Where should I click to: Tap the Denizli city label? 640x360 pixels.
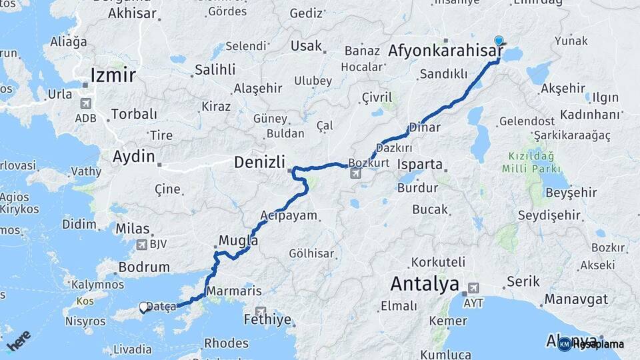[260, 162]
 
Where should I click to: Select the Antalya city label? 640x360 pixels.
[425, 284]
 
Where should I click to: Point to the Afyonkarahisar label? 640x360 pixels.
[445, 51]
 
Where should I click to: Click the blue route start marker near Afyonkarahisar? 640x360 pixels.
[499, 41]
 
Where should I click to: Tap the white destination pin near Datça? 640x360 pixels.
[143, 307]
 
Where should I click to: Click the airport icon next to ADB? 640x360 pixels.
[85, 103]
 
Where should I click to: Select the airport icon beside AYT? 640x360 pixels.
[473, 288]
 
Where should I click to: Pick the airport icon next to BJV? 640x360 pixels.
[141, 245]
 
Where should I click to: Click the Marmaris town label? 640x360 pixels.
[234, 291]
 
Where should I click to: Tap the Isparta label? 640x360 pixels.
[419, 164]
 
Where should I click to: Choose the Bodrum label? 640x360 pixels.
[143, 267]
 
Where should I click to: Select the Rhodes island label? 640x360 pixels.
[226, 343]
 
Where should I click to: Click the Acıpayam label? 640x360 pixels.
[289, 215]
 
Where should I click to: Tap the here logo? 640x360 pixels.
[19, 341]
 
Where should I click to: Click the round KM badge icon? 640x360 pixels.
[565, 344]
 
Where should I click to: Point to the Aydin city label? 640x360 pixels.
[134, 158]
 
